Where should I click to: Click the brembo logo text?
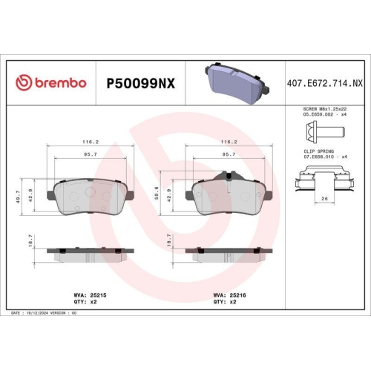[52, 82]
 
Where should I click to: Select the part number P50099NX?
[140, 83]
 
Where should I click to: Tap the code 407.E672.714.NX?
[324, 83]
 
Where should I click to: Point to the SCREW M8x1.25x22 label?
[324, 109]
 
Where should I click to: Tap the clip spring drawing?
[324, 183]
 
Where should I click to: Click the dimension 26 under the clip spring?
[324, 199]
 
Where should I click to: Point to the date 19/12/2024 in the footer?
[39, 314]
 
